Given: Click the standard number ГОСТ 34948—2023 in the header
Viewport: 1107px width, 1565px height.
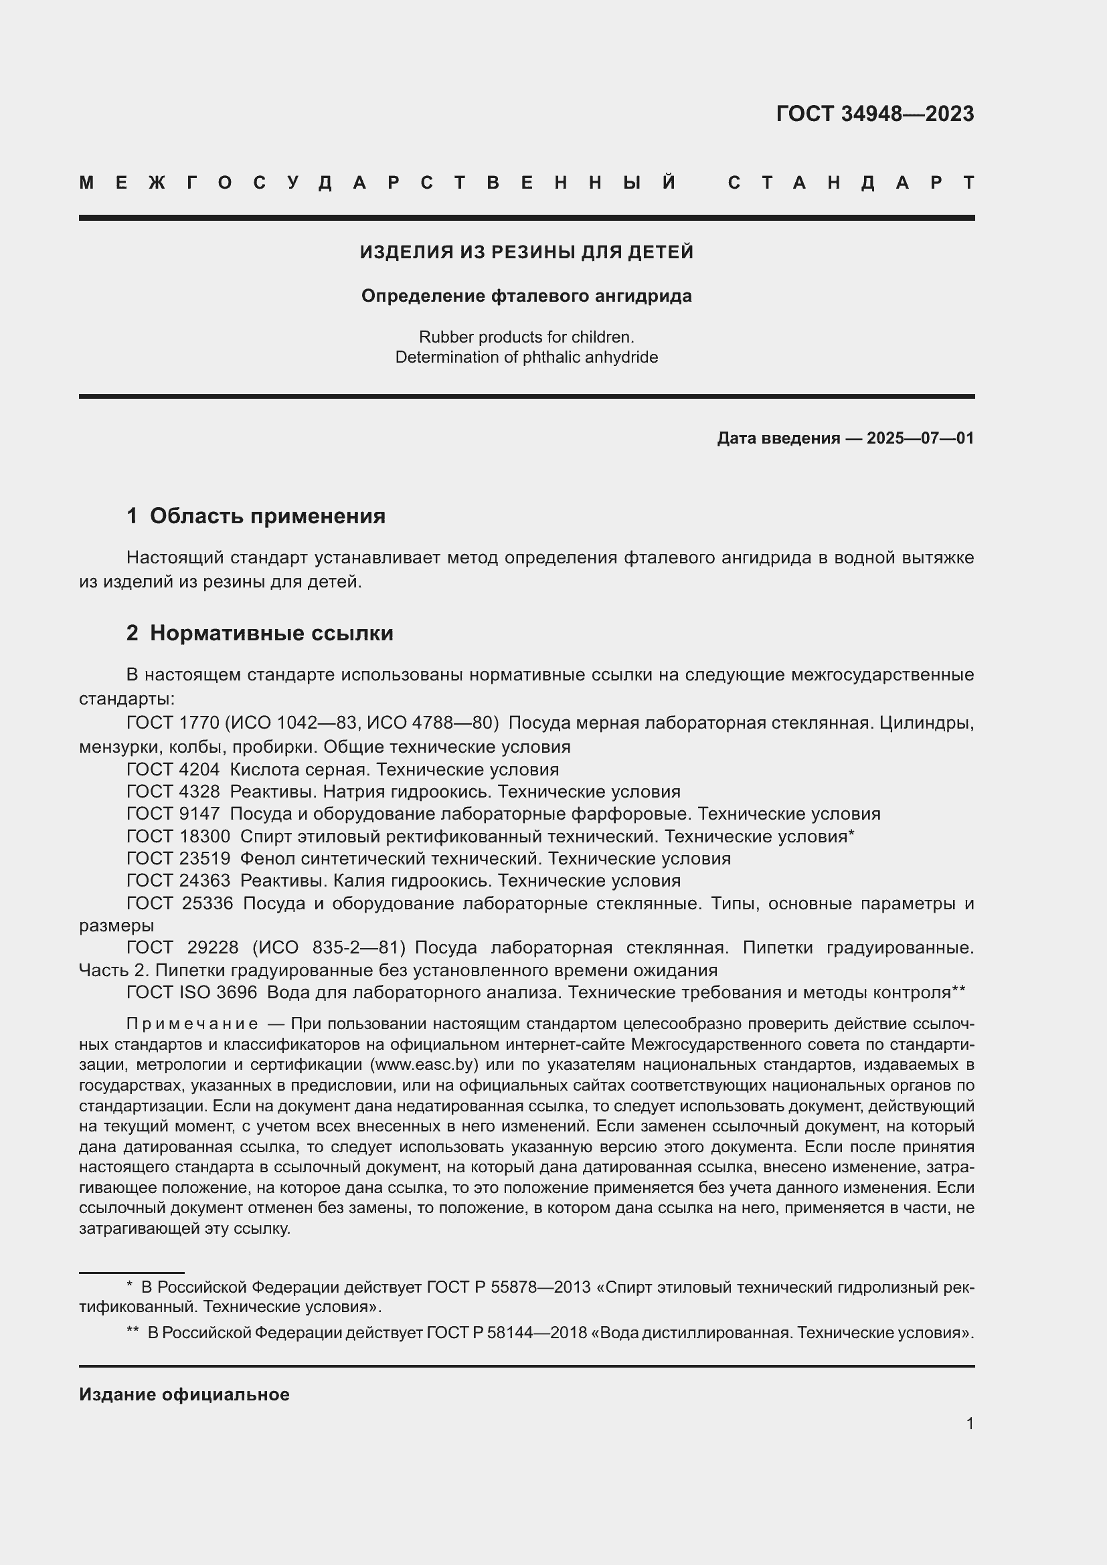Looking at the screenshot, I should point(875,113).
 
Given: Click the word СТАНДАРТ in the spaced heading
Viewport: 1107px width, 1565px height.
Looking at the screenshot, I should point(851,183).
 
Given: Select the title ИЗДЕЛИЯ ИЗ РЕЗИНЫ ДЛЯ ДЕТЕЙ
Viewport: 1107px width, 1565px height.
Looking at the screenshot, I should point(526,252).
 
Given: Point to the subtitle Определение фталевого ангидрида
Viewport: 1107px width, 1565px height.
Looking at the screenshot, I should point(526,296).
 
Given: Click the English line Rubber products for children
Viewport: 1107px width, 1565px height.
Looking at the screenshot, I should point(526,337).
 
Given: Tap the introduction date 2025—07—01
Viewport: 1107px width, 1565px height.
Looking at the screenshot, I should point(920,438).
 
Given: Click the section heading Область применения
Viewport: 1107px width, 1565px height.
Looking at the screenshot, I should point(267,516).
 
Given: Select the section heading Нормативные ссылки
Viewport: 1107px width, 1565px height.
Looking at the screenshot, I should point(271,633).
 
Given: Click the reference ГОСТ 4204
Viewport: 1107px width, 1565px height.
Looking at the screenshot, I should point(173,769).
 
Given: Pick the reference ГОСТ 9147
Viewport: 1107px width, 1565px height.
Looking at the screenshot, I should point(173,814).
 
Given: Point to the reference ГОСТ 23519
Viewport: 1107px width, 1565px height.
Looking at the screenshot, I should point(178,858).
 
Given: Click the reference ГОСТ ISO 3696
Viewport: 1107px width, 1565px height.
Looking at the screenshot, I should point(191,992).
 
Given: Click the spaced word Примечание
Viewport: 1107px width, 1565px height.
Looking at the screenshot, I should point(192,1024).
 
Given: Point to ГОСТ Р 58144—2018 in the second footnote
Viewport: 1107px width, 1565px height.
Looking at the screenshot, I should point(507,1332).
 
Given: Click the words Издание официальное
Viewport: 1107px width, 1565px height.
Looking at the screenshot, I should point(184,1394).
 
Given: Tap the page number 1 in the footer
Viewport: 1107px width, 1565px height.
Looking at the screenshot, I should point(970,1423).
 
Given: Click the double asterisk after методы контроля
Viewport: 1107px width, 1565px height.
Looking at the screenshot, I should point(958,991).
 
